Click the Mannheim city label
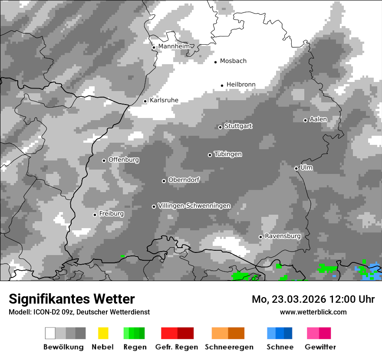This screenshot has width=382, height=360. click(174, 46)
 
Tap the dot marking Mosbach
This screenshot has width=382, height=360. click(215, 62)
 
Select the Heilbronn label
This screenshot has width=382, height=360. click(241, 85)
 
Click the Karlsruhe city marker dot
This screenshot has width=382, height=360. click(145, 101)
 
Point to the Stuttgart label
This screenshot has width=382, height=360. click(238, 126)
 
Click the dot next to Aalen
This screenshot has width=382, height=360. click(305, 120)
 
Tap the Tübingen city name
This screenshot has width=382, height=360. click(228, 154)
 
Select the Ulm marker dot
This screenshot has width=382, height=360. click(296, 168)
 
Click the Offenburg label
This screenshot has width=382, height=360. click(124, 160)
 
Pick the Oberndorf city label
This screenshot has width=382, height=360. click(184, 180)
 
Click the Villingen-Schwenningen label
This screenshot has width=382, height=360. click(194, 206)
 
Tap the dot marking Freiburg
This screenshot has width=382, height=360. click(95, 215)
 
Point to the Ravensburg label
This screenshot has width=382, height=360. click(283, 236)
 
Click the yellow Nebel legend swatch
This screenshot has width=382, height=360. click(103, 333)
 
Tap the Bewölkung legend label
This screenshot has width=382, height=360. click(63, 347)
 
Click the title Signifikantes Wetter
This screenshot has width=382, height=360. click(72, 299)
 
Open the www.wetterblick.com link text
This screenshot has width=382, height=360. click(313, 312)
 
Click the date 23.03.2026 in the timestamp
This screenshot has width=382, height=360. click(298, 299)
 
